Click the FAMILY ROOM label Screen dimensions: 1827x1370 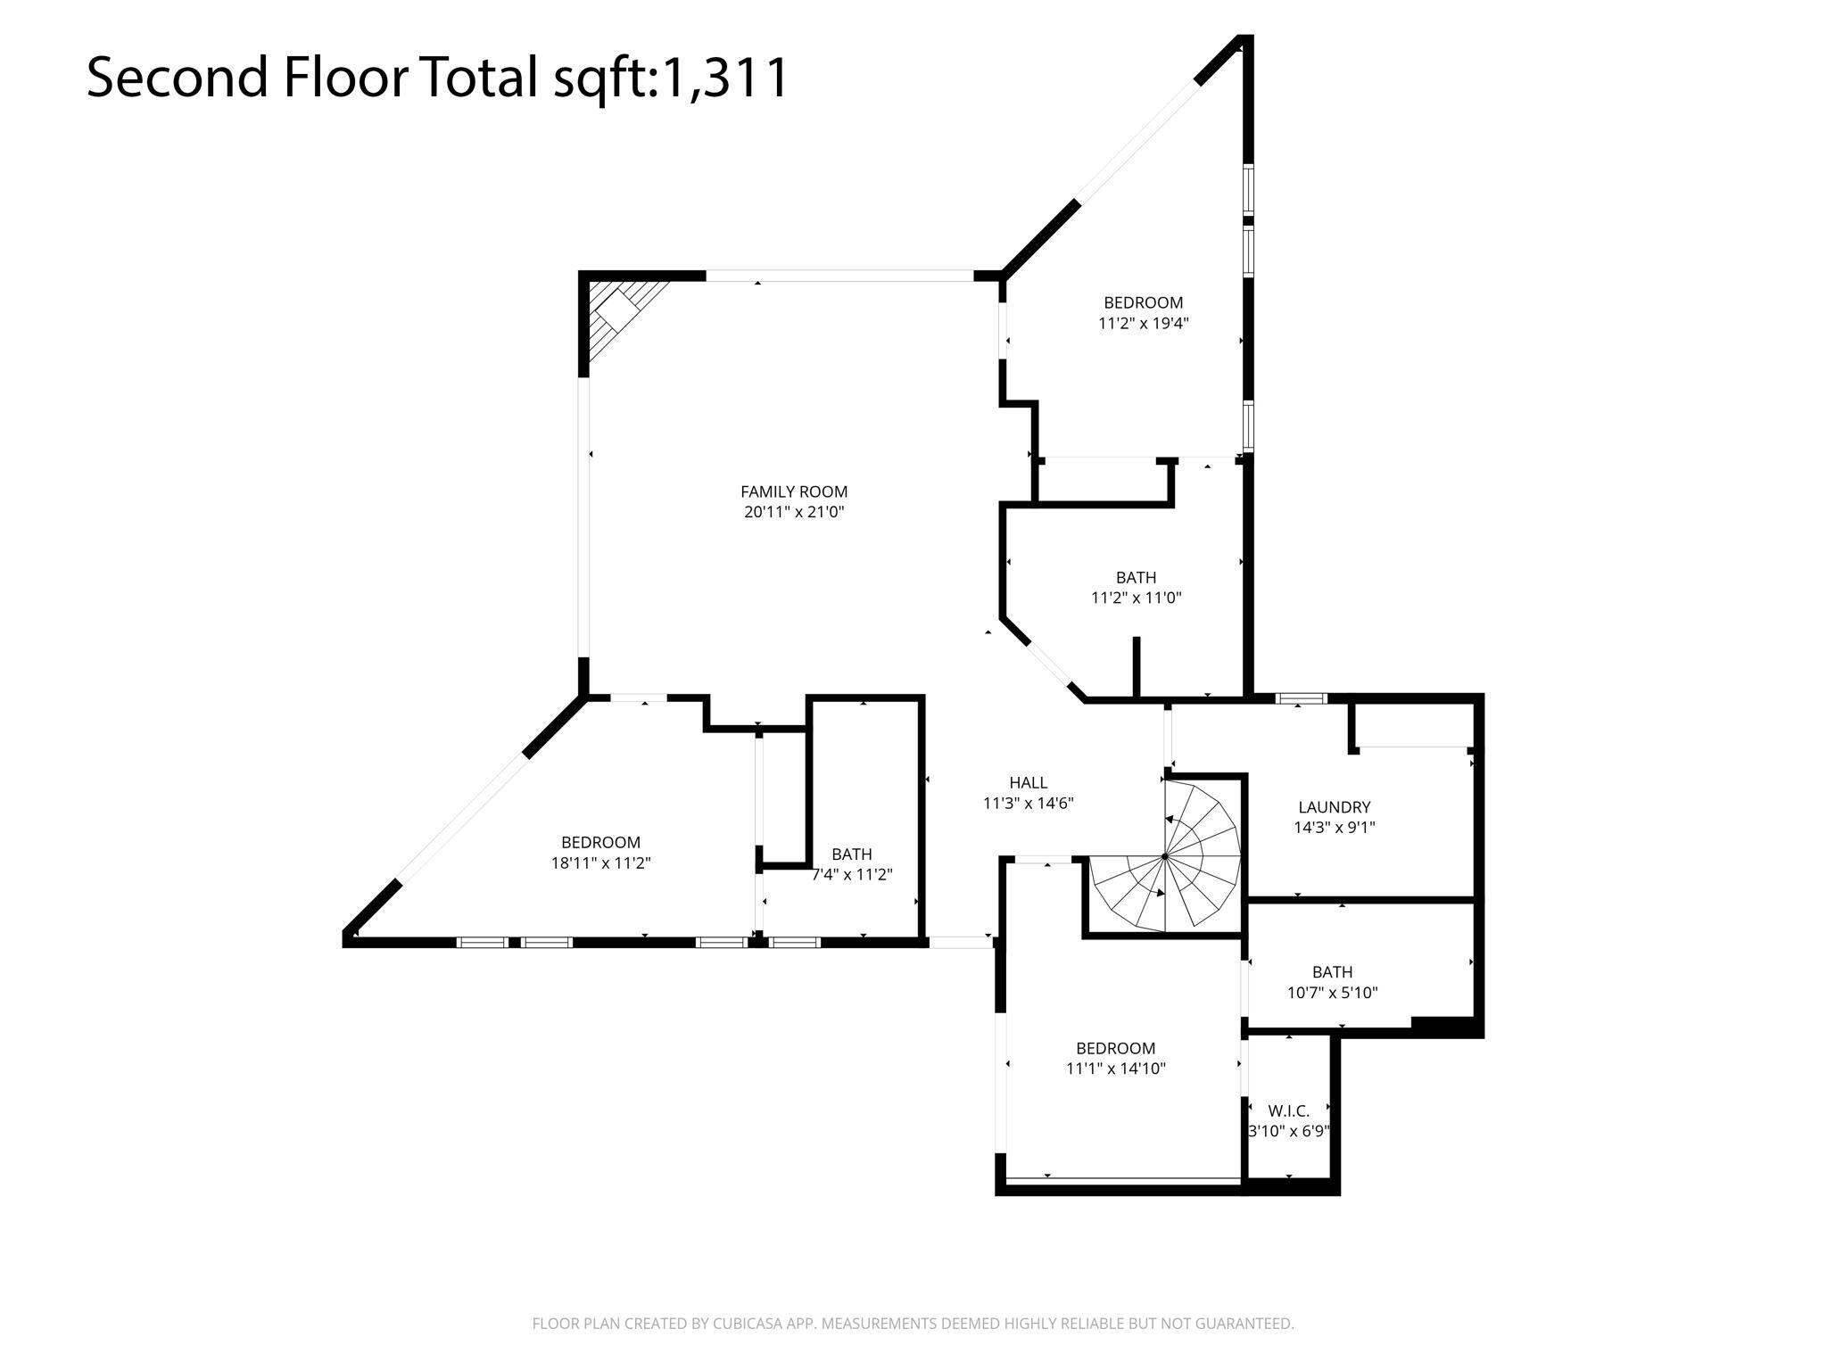click(x=794, y=491)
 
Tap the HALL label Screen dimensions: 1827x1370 click(x=1029, y=783)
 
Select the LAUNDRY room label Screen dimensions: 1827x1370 click(x=1335, y=807)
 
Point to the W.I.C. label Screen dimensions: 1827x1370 click(x=1289, y=1111)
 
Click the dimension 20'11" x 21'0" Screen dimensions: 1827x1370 click(x=794, y=512)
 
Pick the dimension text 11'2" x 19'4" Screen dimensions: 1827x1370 click(x=1144, y=323)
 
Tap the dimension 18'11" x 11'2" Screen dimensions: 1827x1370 click(x=601, y=862)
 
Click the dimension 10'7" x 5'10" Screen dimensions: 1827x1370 click(x=1333, y=992)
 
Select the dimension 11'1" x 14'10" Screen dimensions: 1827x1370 click(x=1116, y=1069)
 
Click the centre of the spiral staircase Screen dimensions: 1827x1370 click(x=1165, y=856)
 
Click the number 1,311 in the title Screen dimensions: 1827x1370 click(x=723, y=77)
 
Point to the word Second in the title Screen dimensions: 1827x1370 click(x=178, y=77)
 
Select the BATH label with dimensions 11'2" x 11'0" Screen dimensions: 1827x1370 click(x=1137, y=577)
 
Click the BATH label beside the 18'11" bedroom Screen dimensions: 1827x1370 click(x=852, y=854)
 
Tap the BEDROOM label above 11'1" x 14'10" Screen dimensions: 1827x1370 click(x=1116, y=1048)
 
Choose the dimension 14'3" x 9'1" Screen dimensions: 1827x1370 click(x=1335, y=828)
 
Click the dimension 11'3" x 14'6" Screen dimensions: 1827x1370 click(x=1029, y=804)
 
